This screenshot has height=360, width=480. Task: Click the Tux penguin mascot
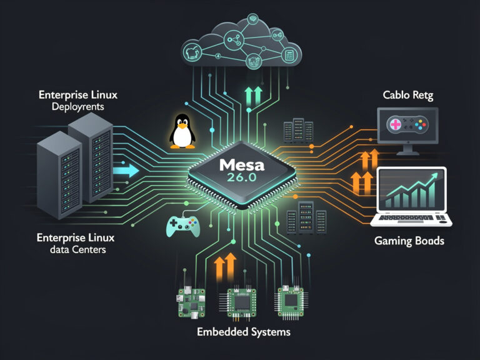(x=182, y=130)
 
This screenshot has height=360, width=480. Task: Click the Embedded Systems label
(x=243, y=332)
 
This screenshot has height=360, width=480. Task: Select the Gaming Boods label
(x=409, y=241)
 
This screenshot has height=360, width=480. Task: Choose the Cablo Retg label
(x=407, y=96)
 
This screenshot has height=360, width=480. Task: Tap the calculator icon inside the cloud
(x=289, y=56)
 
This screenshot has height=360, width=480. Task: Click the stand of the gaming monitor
(x=407, y=149)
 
